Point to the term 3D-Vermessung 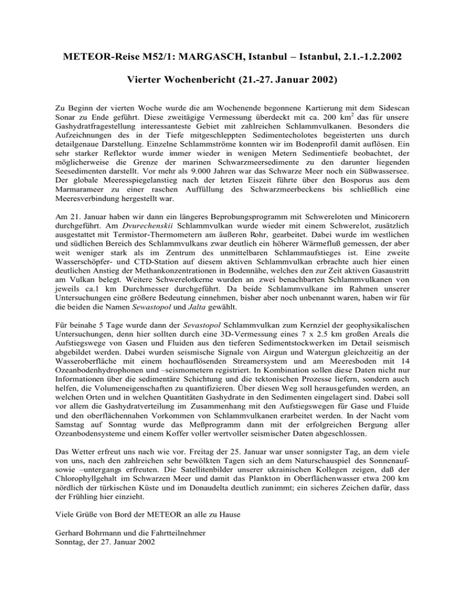(274, 358)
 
